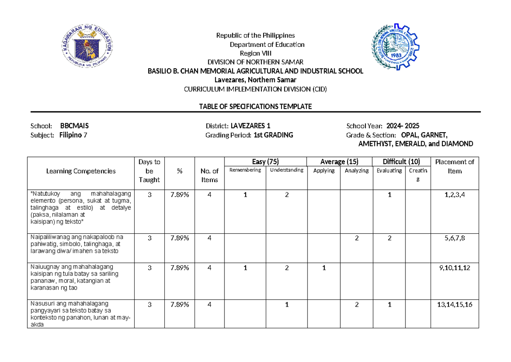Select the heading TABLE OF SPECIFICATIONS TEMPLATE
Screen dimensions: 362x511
(255, 107)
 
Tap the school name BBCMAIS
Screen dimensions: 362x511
(75, 126)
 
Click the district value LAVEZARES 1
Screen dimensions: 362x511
(250, 126)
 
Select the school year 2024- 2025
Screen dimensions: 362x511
(403, 126)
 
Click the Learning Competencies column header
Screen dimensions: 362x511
(81, 171)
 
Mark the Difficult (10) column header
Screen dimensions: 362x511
(401, 162)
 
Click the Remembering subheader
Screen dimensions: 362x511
(245, 171)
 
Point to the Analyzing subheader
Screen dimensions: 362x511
(356, 171)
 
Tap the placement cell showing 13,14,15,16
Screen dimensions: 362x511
(454, 305)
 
